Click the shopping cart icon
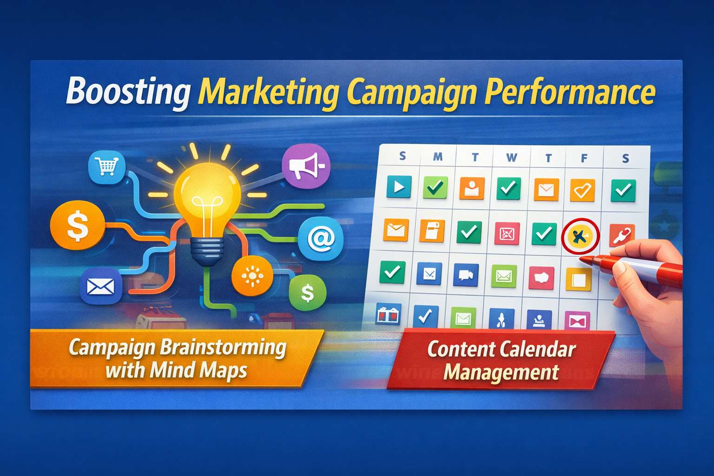[x=107, y=167]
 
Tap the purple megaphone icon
[x=306, y=166]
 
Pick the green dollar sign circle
[x=308, y=293]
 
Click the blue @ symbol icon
[x=321, y=239]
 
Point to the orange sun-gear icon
[x=252, y=276]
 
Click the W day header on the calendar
[x=512, y=158]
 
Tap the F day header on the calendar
[x=584, y=158]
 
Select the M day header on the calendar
[x=438, y=157]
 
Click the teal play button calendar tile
[x=399, y=187]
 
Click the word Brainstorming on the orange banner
[x=223, y=348]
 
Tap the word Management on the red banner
[x=501, y=372]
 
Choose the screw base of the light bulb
[x=207, y=252]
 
